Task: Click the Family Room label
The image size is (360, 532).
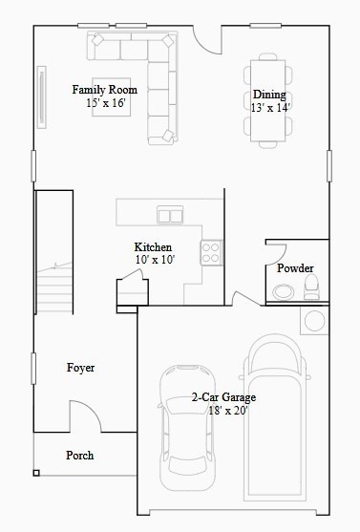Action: [x=104, y=90]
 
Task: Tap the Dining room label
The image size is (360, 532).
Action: [x=269, y=95]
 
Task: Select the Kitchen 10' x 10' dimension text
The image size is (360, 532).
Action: [x=155, y=260]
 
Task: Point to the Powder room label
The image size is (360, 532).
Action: [x=295, y=268]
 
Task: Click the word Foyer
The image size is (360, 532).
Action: [x=80, y=368]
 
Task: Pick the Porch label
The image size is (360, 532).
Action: [x=80, y=455]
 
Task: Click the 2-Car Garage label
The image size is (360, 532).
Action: [x=223, y=397]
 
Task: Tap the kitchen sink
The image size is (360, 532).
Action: [x=170, y=215]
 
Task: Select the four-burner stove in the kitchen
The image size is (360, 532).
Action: [x=211, y=252]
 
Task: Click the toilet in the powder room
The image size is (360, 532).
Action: [x=311, y=287]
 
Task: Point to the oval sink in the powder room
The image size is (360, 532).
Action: [x=283, y=291]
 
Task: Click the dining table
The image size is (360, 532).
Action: [x=268, y=101]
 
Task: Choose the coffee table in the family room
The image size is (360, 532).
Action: [x=112, y=97]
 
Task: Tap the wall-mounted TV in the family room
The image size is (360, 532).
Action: [x=42, y=97]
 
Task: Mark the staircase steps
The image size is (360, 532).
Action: [x=54, y=287]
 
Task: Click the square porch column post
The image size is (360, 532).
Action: [x=36, y=473]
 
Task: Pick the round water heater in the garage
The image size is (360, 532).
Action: [x=314, y=321]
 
